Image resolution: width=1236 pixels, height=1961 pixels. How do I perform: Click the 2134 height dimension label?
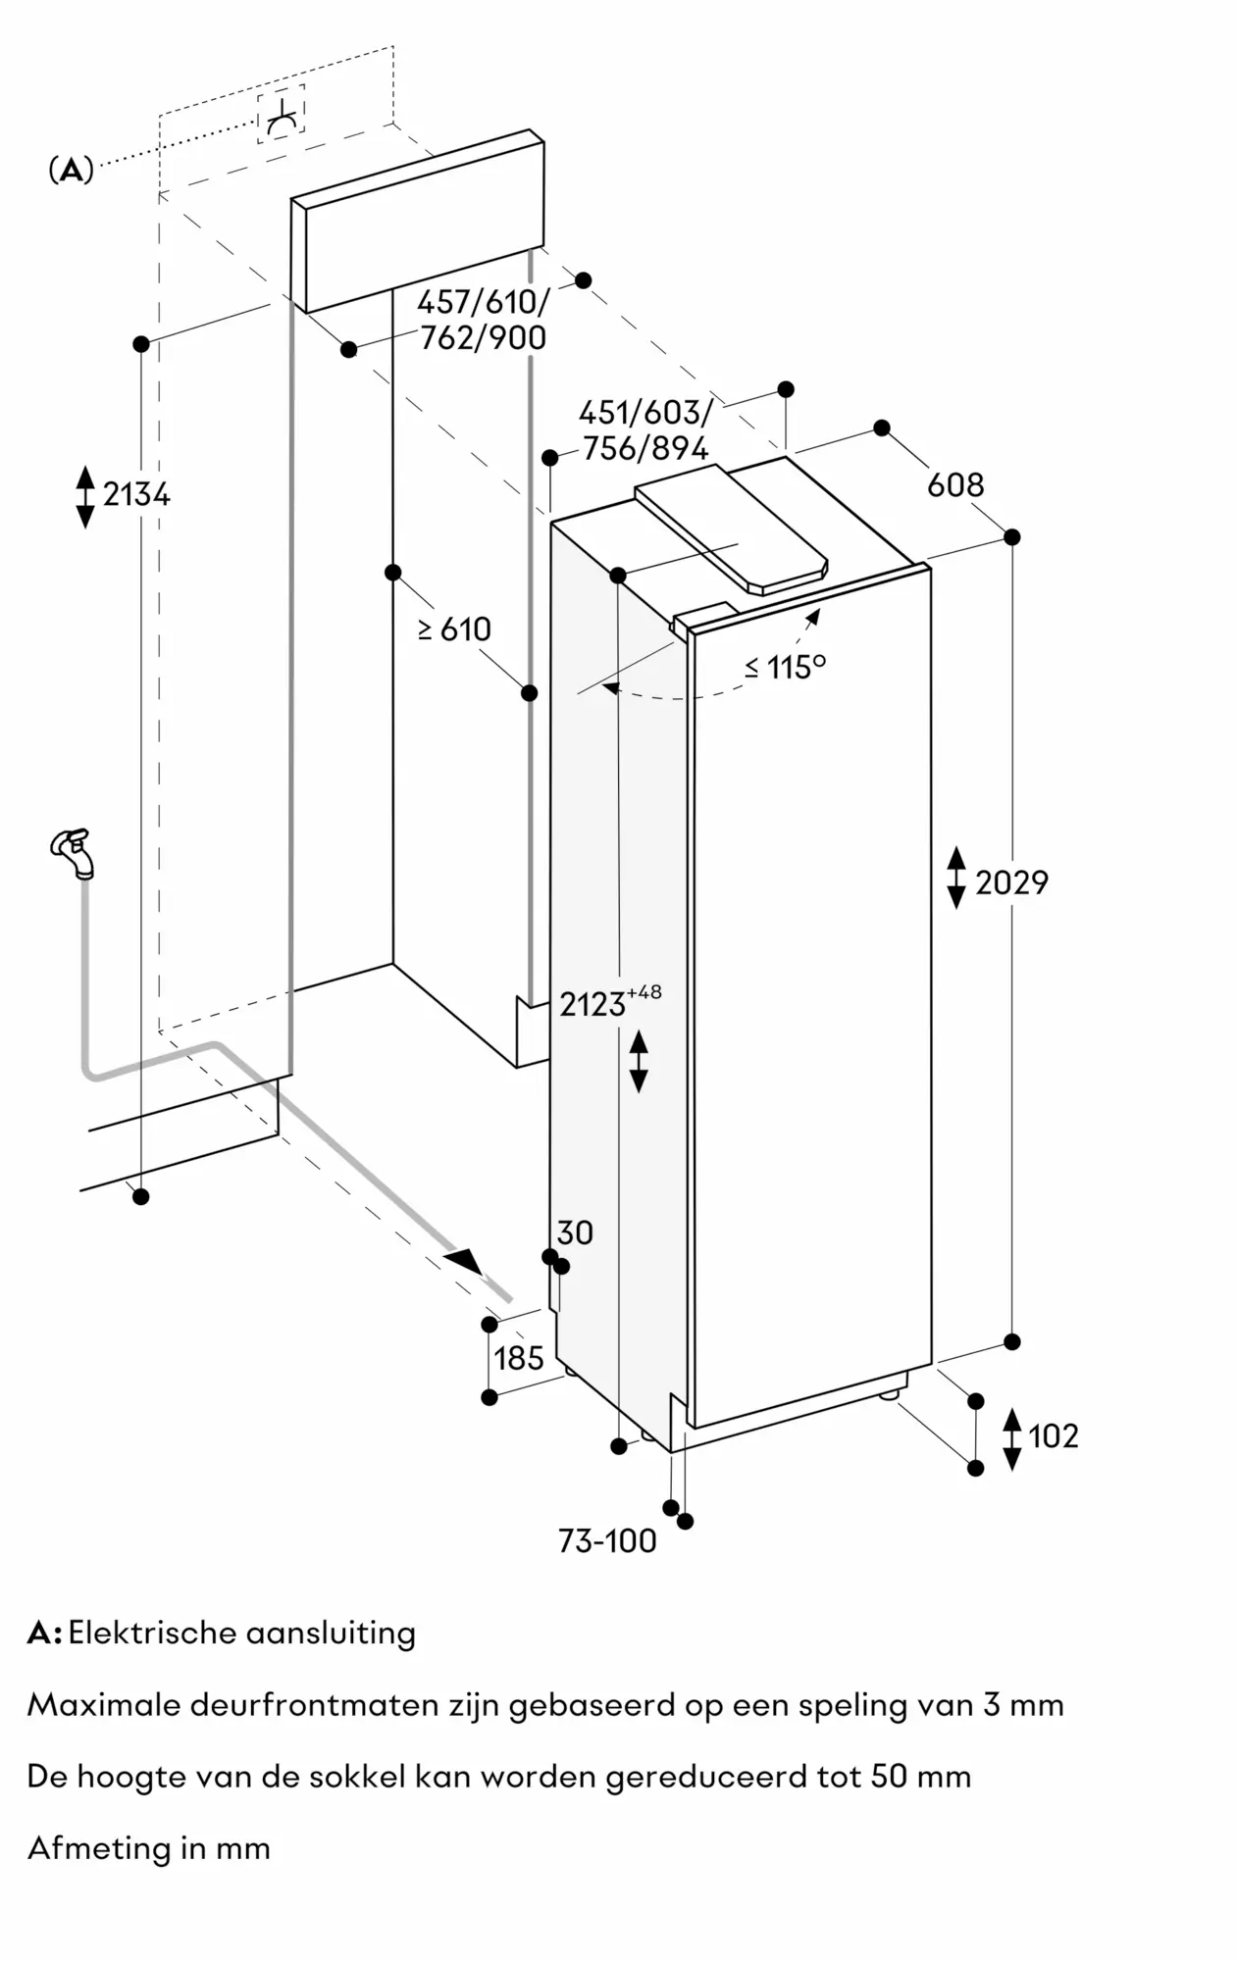click(x=136, y=494)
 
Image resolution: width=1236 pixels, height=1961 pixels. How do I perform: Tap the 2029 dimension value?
click(x=1011, y=882)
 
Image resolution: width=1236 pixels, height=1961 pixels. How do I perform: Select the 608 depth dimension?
click(x=954, y=484)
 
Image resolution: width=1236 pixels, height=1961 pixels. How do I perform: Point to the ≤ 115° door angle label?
click(x=785, y=667)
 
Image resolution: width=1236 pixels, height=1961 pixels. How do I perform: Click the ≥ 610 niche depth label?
click(x=454, y=629)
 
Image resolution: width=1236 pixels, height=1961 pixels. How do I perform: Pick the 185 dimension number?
click(x=518, y=1358)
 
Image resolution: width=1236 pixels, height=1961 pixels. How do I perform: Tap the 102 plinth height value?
click(x=1053, y=1435)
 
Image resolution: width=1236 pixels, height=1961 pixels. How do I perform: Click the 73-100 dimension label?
click(x=607, y=1540)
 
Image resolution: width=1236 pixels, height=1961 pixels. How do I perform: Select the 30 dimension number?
click(x=575, y=1232)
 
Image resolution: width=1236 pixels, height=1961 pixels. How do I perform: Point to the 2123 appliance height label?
click(x=593, y=1004)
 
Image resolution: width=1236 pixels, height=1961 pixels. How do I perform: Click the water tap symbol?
click(x=74, y=851)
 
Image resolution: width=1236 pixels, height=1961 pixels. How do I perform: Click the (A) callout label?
click(x=71, y=171)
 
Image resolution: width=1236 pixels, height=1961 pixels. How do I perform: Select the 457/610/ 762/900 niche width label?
click(x=483, y=320)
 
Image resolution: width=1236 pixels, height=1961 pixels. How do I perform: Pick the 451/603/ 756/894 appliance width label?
click(x=644, y=429)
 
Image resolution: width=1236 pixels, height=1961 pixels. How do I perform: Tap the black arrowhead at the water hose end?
click(x=463, y=1261)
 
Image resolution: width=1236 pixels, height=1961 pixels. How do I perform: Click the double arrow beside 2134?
click(x=85, y=496)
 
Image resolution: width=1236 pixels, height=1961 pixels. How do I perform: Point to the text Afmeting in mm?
click(x=149, y=1848)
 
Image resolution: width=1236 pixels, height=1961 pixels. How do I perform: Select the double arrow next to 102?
click(x=1012, y=1437)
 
